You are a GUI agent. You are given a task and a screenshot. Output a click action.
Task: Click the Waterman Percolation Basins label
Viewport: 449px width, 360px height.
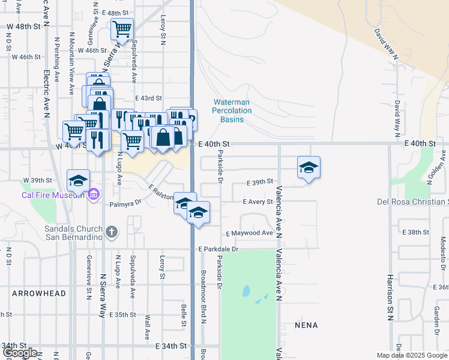(x=231, y=111)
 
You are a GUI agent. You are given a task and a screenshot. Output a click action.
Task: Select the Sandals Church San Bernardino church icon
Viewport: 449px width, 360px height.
(x=112, y=232)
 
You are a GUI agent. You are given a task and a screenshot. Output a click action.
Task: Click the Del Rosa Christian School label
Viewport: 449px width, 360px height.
(x=413, y=202)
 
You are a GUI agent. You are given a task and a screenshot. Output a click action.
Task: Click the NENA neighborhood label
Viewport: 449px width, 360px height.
(x=306, y=325)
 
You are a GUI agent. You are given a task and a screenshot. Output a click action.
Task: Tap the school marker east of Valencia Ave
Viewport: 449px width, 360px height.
(x=309, y=167)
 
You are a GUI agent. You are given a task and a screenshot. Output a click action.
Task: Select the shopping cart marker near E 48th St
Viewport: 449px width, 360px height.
(x=122, y=29)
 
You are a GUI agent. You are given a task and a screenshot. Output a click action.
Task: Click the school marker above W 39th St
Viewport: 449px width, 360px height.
(x=78, y=181)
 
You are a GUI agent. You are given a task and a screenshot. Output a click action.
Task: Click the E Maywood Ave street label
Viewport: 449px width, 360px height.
(x=249, y=233)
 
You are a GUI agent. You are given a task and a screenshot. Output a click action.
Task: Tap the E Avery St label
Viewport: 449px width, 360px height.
(x=258, y=202)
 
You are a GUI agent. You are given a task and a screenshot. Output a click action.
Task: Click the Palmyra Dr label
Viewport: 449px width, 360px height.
(x=125, y=204)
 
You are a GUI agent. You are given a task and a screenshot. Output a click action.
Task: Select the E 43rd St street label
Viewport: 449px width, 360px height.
(x=149, y=98)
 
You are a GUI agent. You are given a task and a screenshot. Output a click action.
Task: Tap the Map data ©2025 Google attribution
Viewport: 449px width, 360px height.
(x=411, y=355)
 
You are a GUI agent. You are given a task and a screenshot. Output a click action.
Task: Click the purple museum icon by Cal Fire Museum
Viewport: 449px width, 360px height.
(x=93, y=194)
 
